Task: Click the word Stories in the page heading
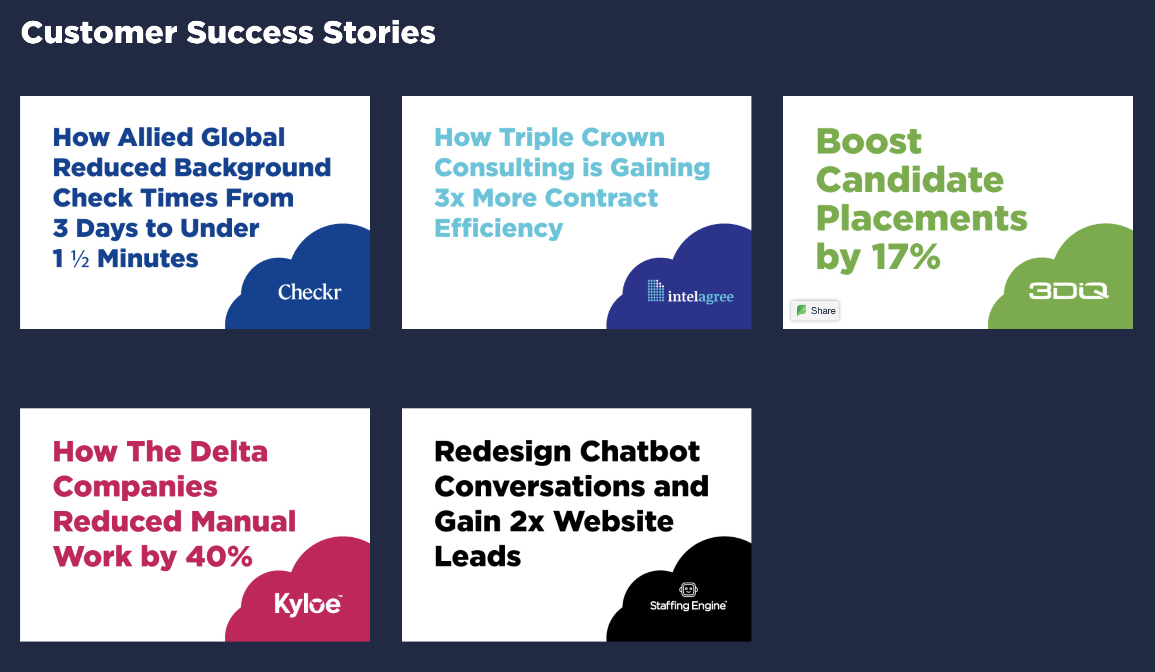[379, 33]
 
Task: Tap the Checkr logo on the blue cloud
[310, 292]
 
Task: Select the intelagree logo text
[700, 297]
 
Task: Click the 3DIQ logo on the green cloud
[1068, 291]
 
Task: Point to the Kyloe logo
[308, 604]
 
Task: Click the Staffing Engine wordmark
[688, 605]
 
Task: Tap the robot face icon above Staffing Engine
[688, 589]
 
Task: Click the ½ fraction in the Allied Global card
[80, 259]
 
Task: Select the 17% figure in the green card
[906, 257]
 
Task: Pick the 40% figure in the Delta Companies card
[219, 556]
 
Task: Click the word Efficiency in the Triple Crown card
[498, 228]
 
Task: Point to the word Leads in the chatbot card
[478, 556]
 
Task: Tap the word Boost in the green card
[868, 141]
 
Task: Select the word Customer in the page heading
[99, 33]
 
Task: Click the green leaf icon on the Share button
[802, 310]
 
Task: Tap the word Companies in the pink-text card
[135, 487]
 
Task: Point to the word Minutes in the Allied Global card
[147, 259]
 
